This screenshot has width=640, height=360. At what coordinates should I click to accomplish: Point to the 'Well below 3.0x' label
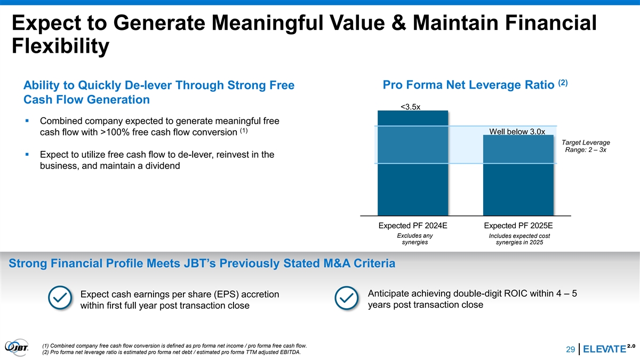(517, 132)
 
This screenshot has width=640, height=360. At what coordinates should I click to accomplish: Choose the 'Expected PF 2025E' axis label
(518, 225)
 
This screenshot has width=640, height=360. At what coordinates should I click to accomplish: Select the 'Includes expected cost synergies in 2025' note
(519, 239)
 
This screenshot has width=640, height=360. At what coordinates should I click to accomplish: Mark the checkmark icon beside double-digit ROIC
(348, 299)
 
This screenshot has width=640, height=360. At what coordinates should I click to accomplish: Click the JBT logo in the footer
(17, 347)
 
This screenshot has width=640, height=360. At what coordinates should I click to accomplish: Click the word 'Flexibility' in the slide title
(60, 47)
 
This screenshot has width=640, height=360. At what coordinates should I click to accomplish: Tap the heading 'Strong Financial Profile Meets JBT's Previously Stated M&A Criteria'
(202, 263)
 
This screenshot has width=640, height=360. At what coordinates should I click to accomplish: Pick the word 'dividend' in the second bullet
(160, 166)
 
